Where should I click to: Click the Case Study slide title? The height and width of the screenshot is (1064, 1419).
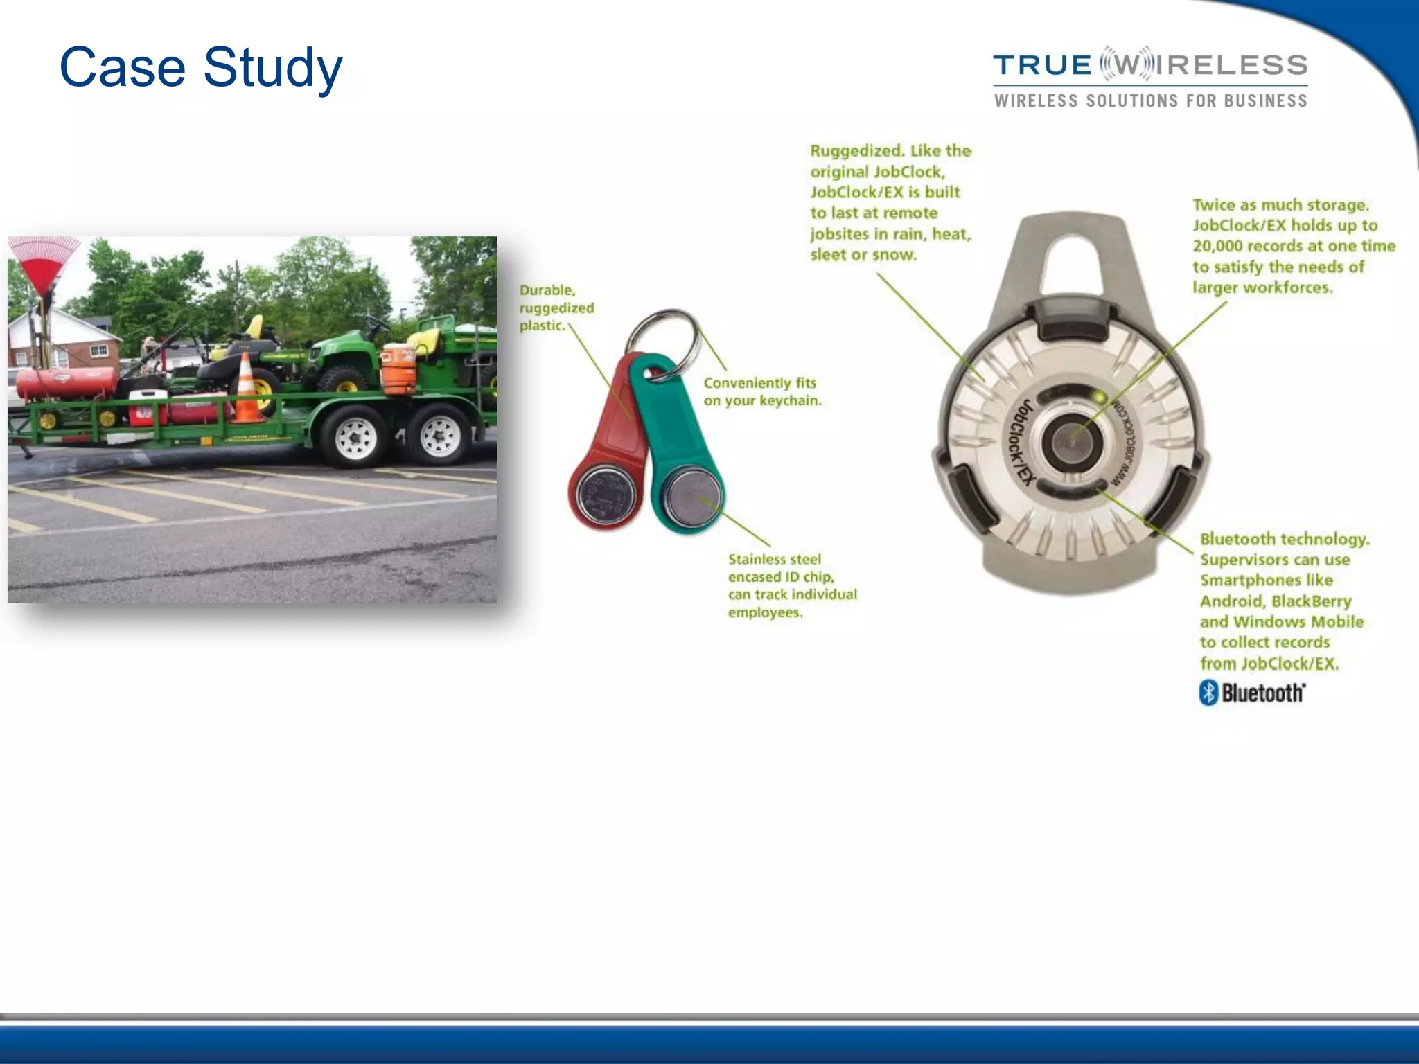coord(201,68)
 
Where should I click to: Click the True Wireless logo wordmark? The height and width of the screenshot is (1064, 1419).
coord(1150,65)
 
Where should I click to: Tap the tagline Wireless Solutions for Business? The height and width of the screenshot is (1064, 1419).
coord(1150,101)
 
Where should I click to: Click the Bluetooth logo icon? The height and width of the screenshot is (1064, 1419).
coord(1208,692)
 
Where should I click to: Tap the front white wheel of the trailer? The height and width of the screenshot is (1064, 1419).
coord(355,436)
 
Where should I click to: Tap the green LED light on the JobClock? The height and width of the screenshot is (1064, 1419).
coord(1098,397)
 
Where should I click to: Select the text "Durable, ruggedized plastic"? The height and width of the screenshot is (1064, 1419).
coord(556,308)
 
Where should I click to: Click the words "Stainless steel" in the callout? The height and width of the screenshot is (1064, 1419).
coord(774,559)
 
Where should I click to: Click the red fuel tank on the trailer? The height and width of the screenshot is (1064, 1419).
coord(67,383)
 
